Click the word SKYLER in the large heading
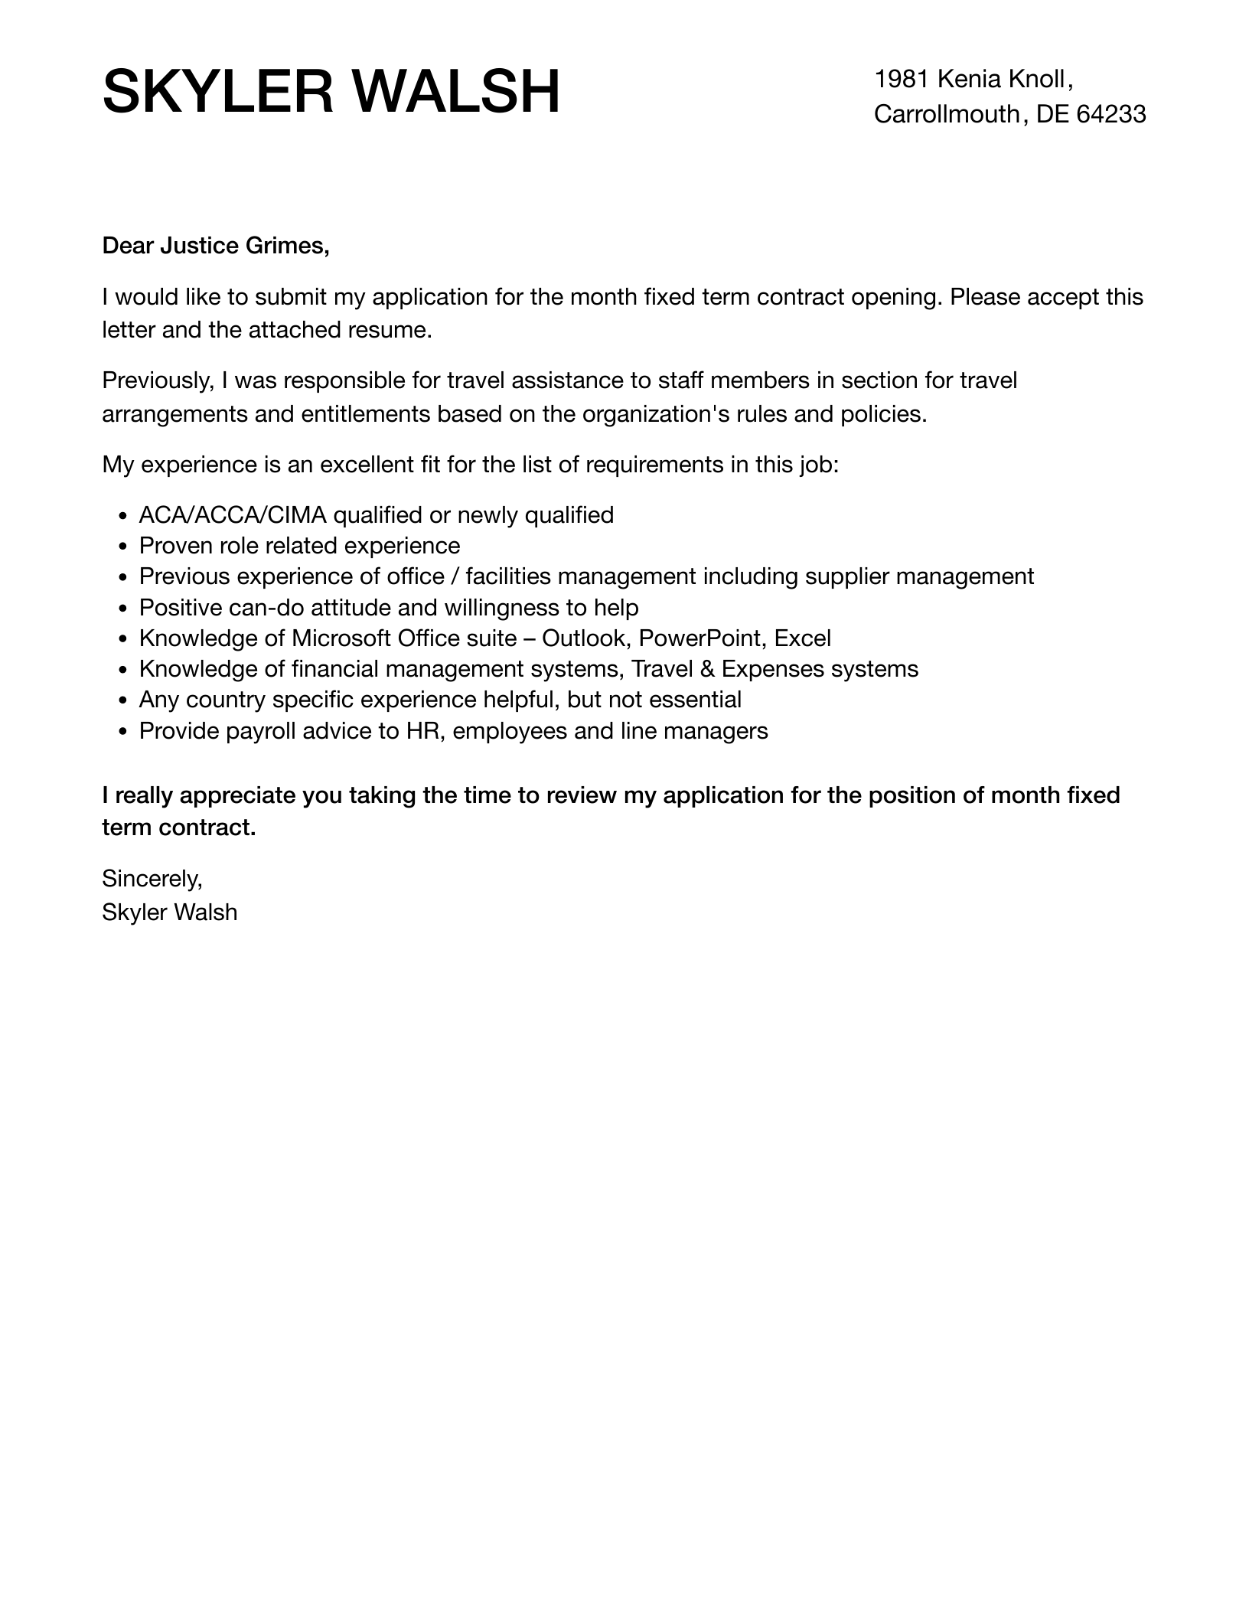(217, 93)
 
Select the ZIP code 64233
(1111, 114)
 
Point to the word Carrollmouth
(947, 114)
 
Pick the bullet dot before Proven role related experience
(123, 547)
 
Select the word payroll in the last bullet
(257, 731)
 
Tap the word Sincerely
(152, 879)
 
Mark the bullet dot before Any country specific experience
(123, 701)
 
